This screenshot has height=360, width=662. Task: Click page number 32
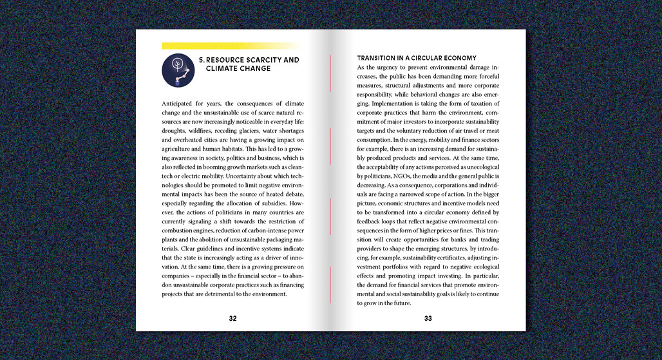point(232,318)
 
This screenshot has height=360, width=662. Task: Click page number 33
point(428,318)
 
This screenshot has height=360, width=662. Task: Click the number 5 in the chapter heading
point(201,60)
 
